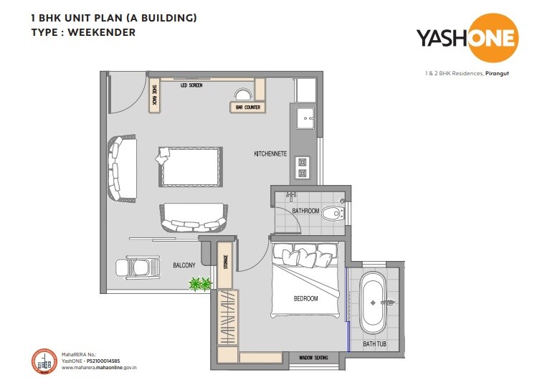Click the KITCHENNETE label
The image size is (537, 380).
click(x=271, y=154)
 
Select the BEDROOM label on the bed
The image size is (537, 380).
click(x=305, y=298)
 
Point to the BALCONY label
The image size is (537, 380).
click(x=184, y=265)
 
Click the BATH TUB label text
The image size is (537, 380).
click(x=374, y=344)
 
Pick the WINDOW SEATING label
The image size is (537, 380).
click(x=313, y=357)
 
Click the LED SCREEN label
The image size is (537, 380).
click(x=191, y=85)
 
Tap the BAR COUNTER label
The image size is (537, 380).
click(x=248, y=108)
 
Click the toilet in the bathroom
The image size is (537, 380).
click(x=332, y=214)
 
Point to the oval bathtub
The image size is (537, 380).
click(x=373, y=302)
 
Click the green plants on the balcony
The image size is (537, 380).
click(x=199, y=285)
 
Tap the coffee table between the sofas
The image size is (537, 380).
click(x=189, y=166)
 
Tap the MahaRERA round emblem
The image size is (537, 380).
click(x=45, y=361)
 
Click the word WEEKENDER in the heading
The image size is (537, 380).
click(x=102, y=32)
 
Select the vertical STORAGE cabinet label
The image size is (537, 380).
click(x=226, y=263)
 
